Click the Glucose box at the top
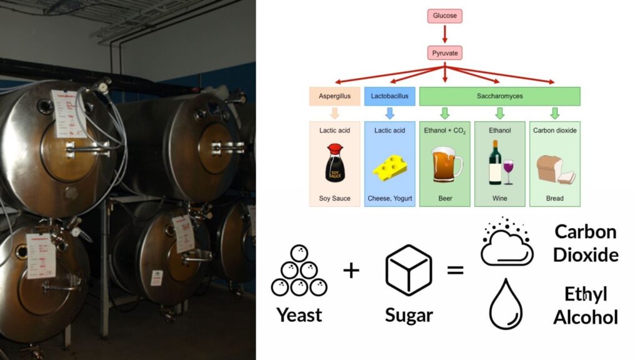[444, 16]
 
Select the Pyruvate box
[444, 53]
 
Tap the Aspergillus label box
[334, 96]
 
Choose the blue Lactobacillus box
[389, 96]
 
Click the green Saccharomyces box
[499, 96]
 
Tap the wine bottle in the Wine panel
[495, 162]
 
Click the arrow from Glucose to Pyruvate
[444, 34]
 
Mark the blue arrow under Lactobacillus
[389, 113]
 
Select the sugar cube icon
[409, 270]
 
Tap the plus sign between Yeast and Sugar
[352, 271]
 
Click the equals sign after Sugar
[455, 271]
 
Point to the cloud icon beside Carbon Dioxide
[506, 244]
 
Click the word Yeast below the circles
[299, 314]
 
